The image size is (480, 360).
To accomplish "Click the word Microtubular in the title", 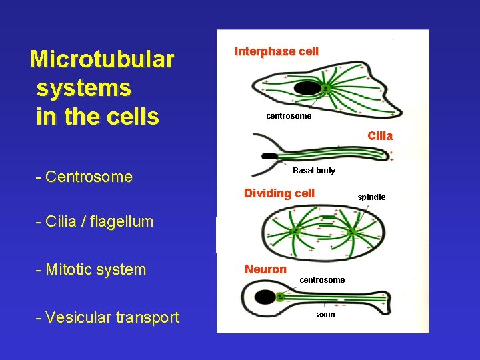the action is [102, 59].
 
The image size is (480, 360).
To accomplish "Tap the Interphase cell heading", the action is [277, 51].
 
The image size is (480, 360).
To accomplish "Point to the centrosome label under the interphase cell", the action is [289, 116].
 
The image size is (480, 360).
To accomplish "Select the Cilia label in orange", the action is [380, 136].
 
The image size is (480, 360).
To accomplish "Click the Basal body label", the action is [314, 171].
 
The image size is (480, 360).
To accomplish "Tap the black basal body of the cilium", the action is [270, 156].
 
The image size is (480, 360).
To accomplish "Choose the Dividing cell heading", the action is [279, 193].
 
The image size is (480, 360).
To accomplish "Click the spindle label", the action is [371, 197].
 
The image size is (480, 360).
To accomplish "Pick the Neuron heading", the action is [265, 269].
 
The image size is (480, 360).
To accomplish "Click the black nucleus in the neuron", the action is [265, 297].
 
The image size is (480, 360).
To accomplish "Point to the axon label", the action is [326, 314].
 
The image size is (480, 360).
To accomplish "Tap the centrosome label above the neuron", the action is [322, 280].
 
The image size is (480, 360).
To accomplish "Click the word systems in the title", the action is [84, 87].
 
